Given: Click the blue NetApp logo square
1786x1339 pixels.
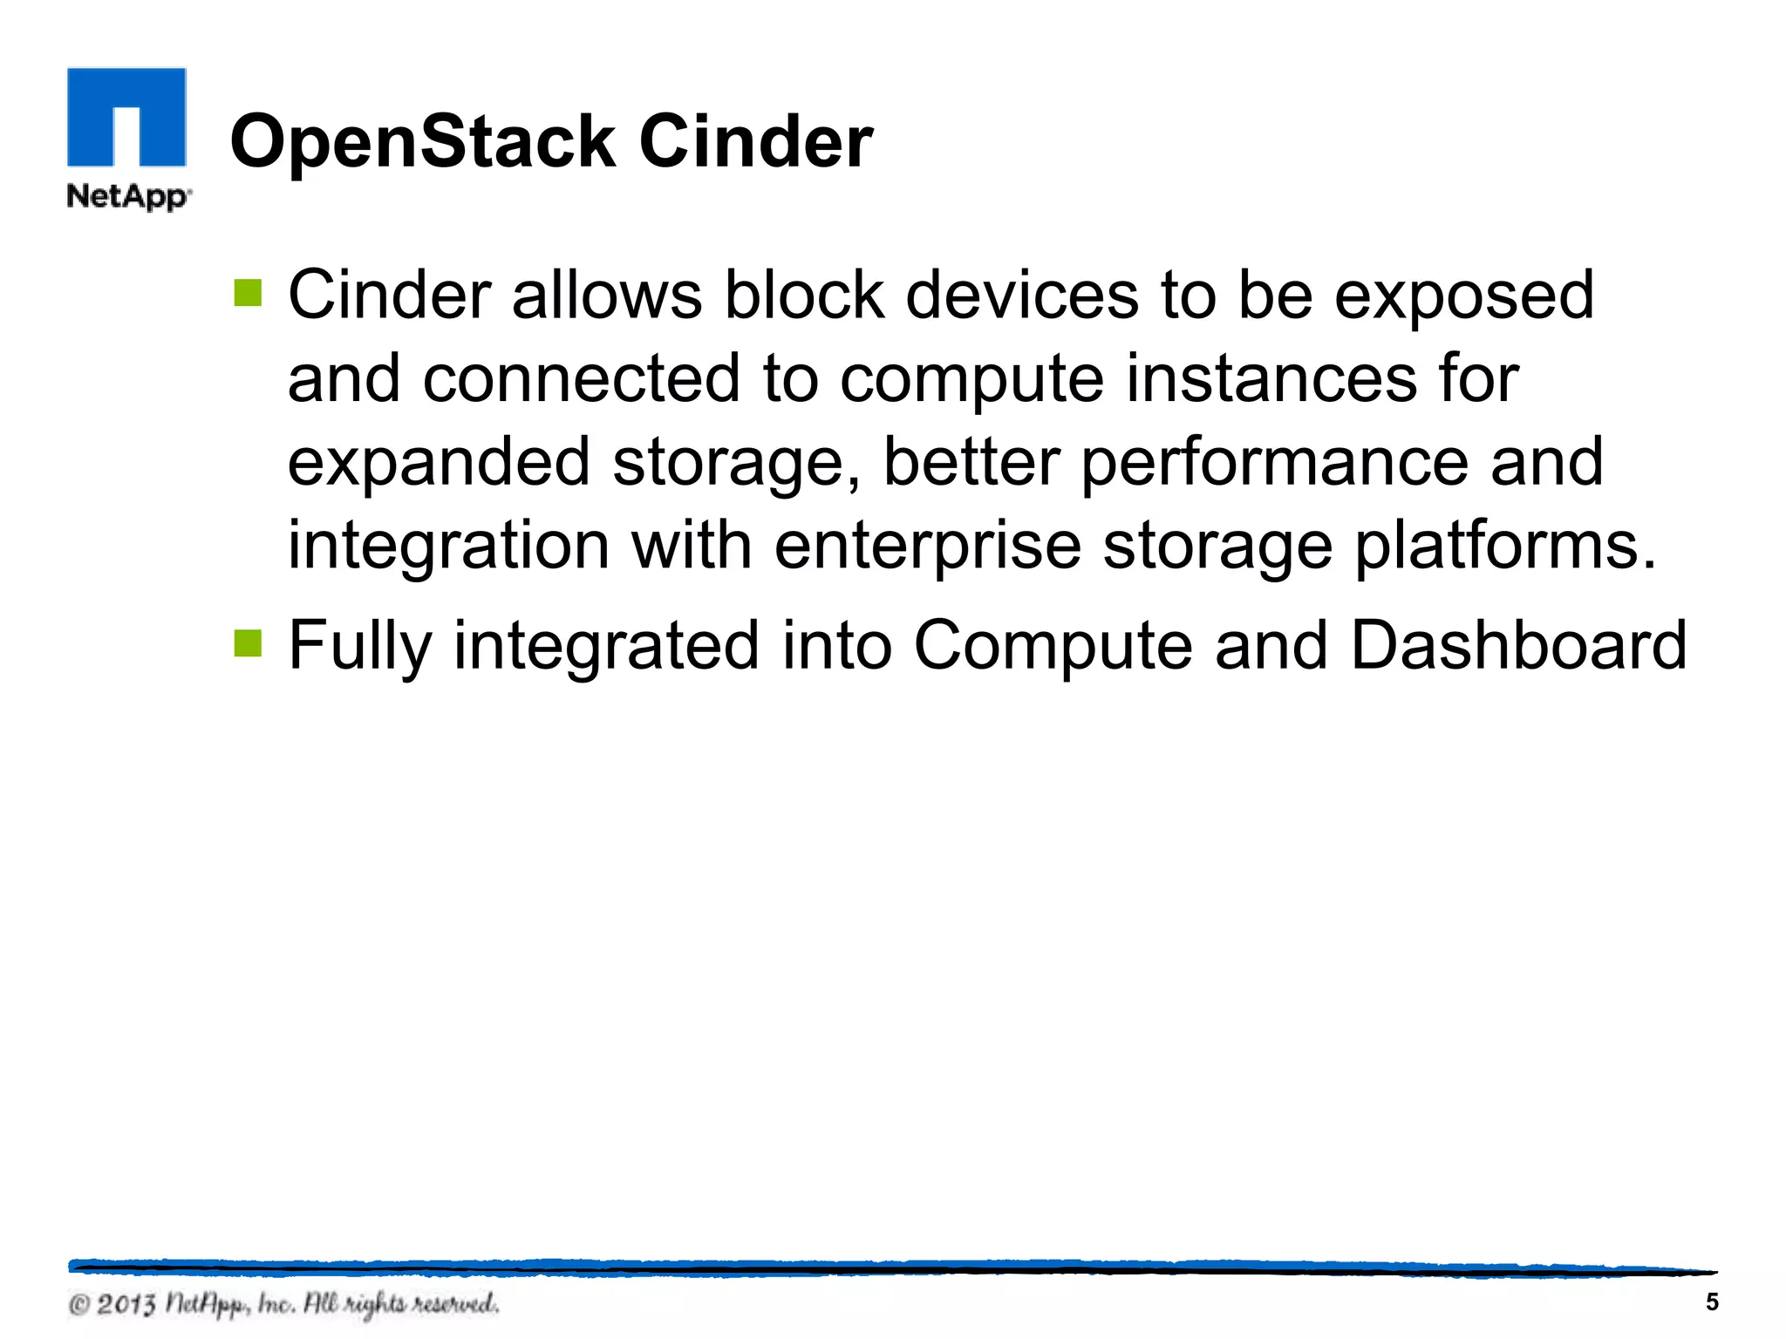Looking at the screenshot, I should (x=126, y=117).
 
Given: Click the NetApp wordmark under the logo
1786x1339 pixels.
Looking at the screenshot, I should (x=128, y=196).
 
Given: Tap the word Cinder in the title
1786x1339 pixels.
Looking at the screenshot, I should (x=755, y=141).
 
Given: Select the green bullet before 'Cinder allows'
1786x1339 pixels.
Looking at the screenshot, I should (x=248, y=293).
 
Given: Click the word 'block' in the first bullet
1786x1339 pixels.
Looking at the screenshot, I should (x=804, y=295).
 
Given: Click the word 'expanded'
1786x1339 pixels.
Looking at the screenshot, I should (x=439, y=462).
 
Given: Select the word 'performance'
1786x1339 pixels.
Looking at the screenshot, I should (x=1274, y=462).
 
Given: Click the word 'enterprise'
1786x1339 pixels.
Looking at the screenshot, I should (x=927, y=546).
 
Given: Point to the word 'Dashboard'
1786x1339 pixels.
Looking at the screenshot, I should (x=1518, y=645).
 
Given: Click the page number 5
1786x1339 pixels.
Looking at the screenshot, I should (x=1712, y=1302).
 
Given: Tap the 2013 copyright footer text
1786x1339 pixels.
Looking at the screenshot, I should (x=284, y=1304).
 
